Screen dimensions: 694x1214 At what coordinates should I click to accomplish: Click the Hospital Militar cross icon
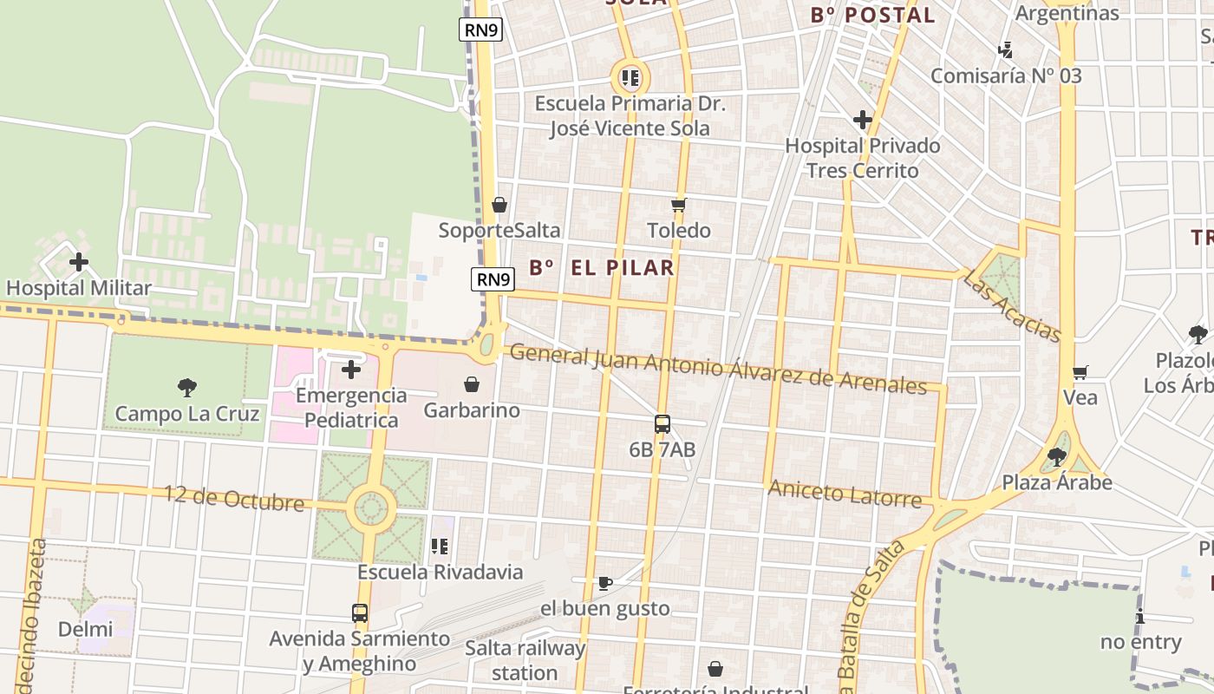79,261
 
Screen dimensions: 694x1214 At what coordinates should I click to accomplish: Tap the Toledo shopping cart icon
678,206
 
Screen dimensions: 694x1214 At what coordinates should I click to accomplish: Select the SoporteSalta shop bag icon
499,206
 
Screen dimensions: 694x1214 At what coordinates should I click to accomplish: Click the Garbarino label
472,409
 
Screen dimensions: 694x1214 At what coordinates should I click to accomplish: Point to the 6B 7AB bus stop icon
662,424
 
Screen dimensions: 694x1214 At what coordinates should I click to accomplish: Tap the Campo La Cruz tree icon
186,388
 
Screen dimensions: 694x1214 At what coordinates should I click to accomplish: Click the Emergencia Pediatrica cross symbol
351,370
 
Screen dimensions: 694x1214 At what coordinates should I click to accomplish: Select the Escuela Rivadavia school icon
440,547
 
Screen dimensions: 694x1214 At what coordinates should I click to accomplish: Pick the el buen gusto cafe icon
605,583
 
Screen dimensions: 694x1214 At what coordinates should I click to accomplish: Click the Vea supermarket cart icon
1080,373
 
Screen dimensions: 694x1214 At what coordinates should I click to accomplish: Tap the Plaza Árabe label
1057,482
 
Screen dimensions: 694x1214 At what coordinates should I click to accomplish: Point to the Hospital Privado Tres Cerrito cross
862,120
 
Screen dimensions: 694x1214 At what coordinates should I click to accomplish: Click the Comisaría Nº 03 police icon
1006,50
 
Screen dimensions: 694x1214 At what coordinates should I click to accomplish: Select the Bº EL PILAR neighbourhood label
602,267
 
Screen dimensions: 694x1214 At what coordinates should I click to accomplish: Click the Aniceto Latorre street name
844,494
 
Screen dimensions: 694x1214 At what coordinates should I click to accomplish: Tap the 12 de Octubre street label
235,499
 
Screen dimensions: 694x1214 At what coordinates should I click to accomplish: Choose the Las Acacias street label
1011,305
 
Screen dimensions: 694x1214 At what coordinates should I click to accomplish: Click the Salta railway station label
525,660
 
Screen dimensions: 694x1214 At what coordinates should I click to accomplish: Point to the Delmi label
85,629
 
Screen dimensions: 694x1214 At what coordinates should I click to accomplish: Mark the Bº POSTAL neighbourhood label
872,15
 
